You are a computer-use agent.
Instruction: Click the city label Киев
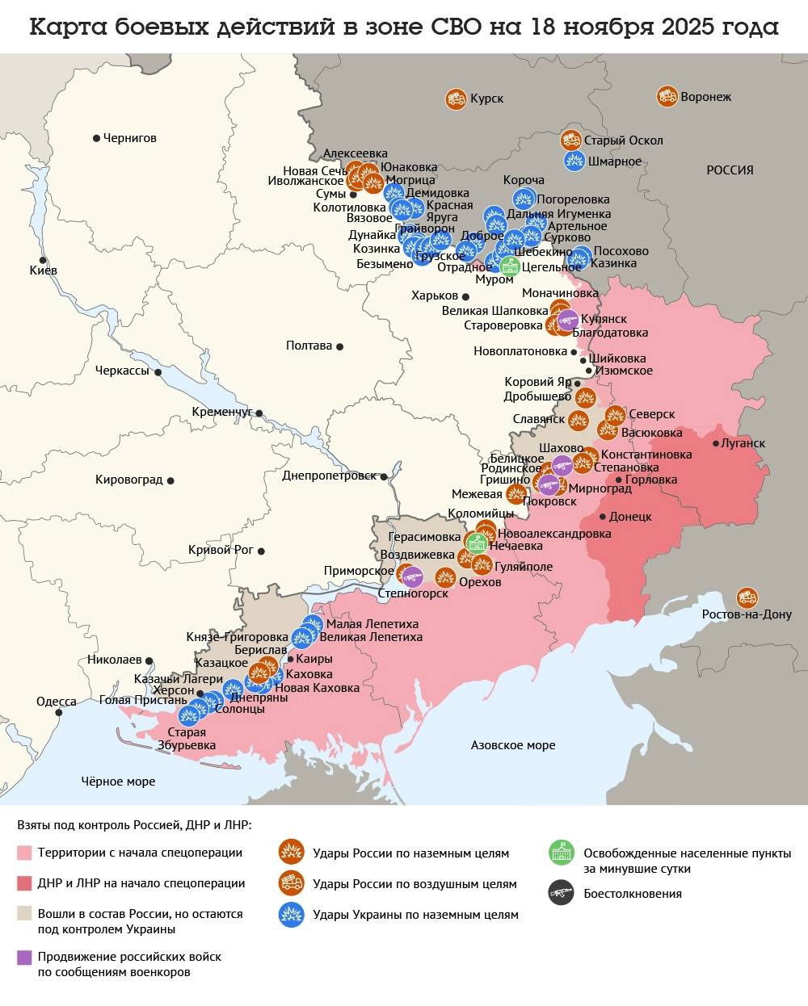click(x=43, y=270)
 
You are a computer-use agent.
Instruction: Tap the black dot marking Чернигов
click(x=96, y=138)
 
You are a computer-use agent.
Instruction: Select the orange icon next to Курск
click(x=455, y=99)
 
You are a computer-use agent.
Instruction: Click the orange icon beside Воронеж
click(x=667, y=96)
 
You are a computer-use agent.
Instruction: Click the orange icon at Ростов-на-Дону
click(x=747, y=597)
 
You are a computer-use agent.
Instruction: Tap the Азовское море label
click(x=512, y=745)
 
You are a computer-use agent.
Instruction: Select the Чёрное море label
click(x=118, y=781)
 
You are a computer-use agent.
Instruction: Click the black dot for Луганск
click(x=716, y=443)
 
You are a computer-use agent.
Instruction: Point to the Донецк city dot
click(x=603, y=517)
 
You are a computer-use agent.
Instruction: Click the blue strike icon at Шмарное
click(x=574, y=161)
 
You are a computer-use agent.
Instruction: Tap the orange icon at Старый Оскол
click(x=571, y=140)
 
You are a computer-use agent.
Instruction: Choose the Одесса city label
click(x=57, y=702)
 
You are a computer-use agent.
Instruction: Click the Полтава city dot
click(x=339, y=346)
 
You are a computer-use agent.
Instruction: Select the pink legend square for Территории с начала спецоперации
click(x=24, y=853)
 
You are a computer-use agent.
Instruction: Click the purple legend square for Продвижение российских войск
click(x=24, y=957)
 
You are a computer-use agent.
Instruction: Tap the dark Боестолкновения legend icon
click(x=561, y=893)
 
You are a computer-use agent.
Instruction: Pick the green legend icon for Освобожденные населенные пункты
click(x=561, y=853)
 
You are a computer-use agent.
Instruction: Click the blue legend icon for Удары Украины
click(x=291, y=915)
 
